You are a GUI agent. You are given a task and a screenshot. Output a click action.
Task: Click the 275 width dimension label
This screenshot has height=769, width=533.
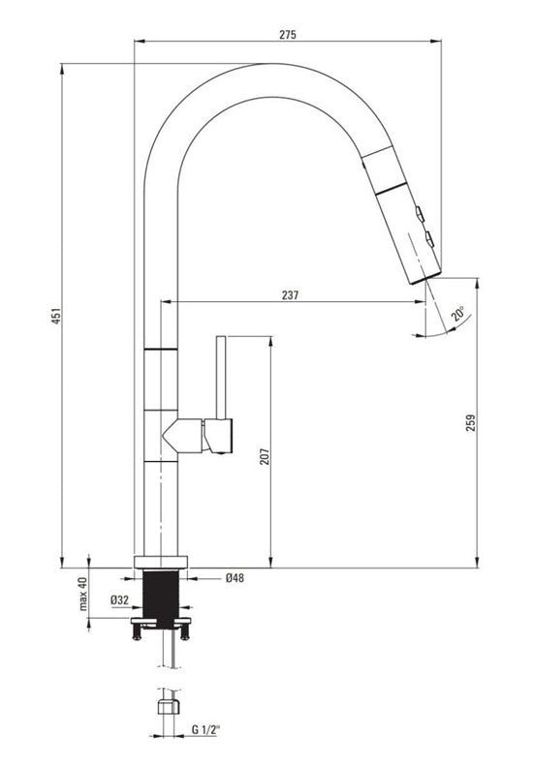288,35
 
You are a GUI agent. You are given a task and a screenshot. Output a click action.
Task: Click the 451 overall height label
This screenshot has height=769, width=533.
56,316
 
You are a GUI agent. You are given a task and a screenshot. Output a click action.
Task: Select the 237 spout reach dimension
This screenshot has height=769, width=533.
290,295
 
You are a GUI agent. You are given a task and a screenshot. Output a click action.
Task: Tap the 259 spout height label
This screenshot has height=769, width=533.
471,422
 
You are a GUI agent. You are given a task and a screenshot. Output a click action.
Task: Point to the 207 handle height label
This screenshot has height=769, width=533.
265,456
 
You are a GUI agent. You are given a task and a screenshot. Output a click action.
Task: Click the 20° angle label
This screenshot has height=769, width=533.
459,313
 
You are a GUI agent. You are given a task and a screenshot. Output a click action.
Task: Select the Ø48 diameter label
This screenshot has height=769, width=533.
235,578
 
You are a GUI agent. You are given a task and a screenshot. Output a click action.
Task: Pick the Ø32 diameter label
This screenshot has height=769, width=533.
120,600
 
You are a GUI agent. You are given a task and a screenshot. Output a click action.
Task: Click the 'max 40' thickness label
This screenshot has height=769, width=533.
82,594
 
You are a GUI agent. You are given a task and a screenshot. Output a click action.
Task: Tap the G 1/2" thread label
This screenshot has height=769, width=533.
205,729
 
